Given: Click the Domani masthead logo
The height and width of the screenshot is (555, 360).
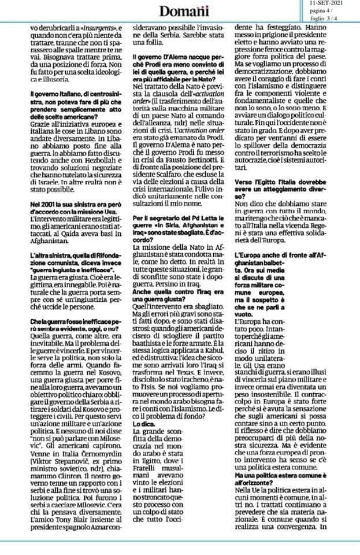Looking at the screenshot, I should (179, 11).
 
